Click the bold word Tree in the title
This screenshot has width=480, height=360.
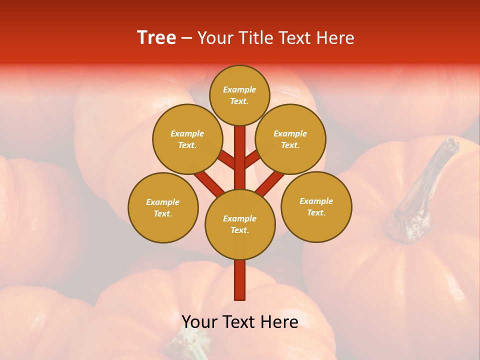tap(156, 38)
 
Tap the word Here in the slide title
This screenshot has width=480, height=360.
tap(335, 38)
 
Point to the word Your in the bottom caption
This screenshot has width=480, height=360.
tap(200, 321)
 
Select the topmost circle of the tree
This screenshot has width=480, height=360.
tap(239, 95)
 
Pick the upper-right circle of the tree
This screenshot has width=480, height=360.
tap(290, 139)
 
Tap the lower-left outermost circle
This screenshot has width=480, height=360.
tap(163, 207)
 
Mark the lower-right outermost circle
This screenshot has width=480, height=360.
tap(316, 206)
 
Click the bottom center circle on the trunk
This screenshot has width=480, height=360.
tap(240, 224)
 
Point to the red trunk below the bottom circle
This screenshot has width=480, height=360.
tap(240, 280)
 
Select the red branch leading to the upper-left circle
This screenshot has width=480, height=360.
tap(226, 160)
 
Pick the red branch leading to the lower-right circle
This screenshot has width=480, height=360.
tap(270, 182)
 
